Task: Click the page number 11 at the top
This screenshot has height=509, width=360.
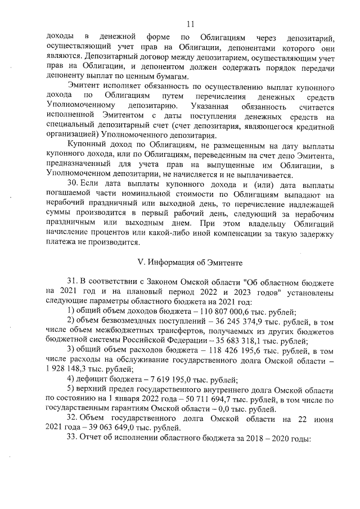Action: pyautogui.click(x=190, y=24)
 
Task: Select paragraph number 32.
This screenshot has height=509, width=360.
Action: pyautogui.click(x=73, y=437)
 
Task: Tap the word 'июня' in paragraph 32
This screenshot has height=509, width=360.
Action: pyautogui.click(x=324, y=437)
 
